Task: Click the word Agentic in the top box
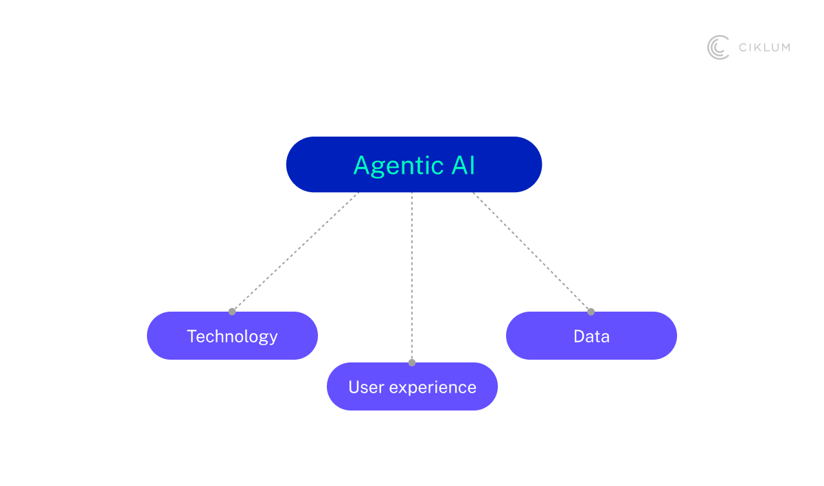(x=398, y=165)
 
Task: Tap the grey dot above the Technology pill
(x=232, y=312)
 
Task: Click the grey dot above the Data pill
(x=591, y=312)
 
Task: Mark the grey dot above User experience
(x=412, y=362)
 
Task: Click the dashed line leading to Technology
(x=295, y=252)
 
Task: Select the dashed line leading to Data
(x=532, y=252)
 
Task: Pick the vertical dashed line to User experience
(x=412, y=275)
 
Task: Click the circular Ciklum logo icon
(x=718, y=47)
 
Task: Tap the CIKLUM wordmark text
(x=764, y=47)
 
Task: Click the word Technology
(x=232, y=336)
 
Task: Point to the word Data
(x=591, y=336)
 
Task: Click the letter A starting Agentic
(x=361, y=165)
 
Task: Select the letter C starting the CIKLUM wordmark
(x=743, y=47)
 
